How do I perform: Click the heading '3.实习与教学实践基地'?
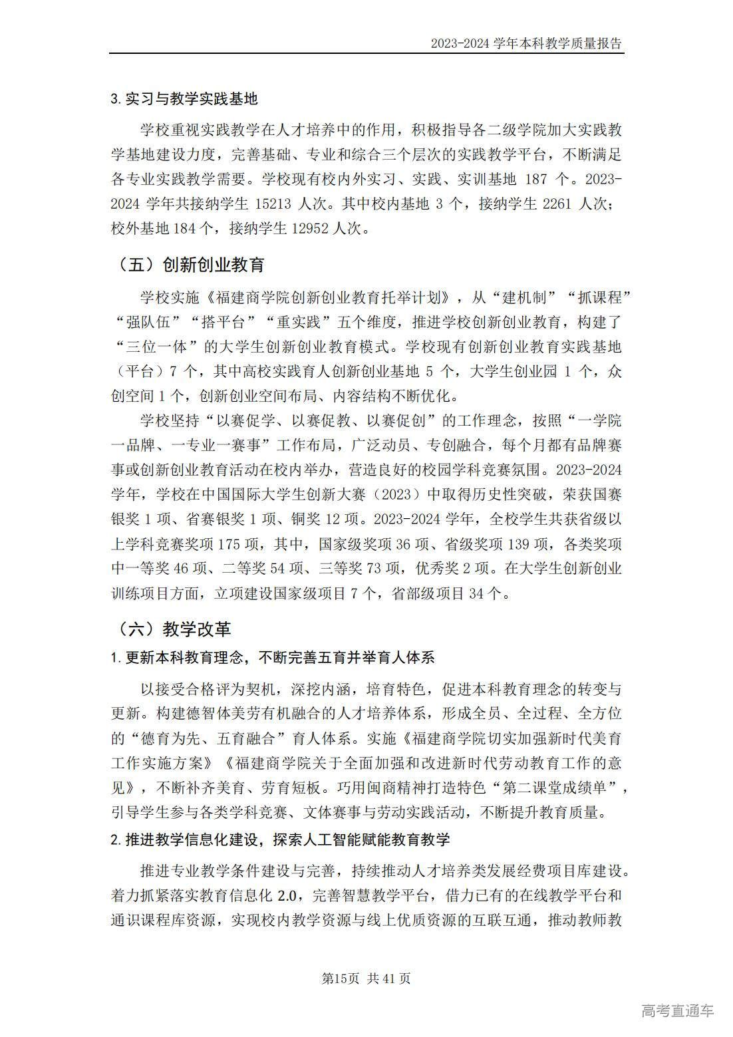184,99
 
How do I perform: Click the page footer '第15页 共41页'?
366,978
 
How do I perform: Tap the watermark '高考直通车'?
677,1011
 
